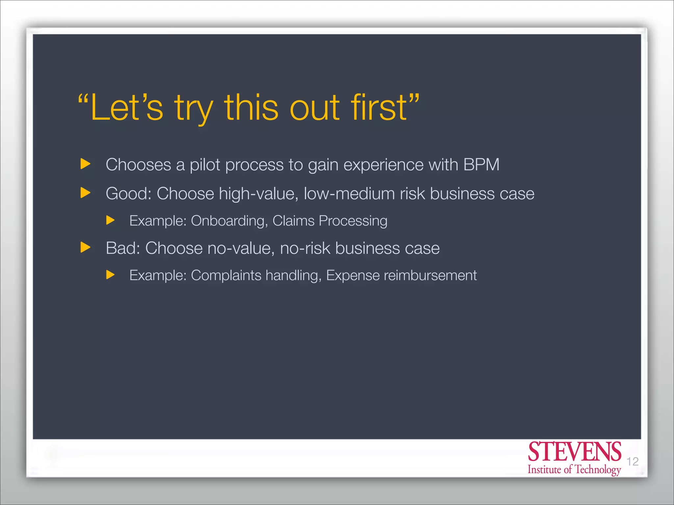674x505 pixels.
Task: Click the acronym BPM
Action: (481, 165)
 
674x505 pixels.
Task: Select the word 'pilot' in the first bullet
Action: (205, 165)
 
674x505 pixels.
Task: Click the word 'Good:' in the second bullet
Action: (128, 193)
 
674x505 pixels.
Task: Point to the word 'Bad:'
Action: (123, 248)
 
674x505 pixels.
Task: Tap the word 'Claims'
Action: (293, 221)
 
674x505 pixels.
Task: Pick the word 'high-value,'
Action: (259, 193)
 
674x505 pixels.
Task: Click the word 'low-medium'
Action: (349, 193)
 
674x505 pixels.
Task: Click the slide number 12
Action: (632, 462)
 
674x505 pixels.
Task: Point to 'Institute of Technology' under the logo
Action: (574, 469)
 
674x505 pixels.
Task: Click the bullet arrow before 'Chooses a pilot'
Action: (85, 164)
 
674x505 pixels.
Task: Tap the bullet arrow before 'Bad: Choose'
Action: (85, 247)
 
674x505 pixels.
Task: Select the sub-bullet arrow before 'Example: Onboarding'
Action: (110, 220)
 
